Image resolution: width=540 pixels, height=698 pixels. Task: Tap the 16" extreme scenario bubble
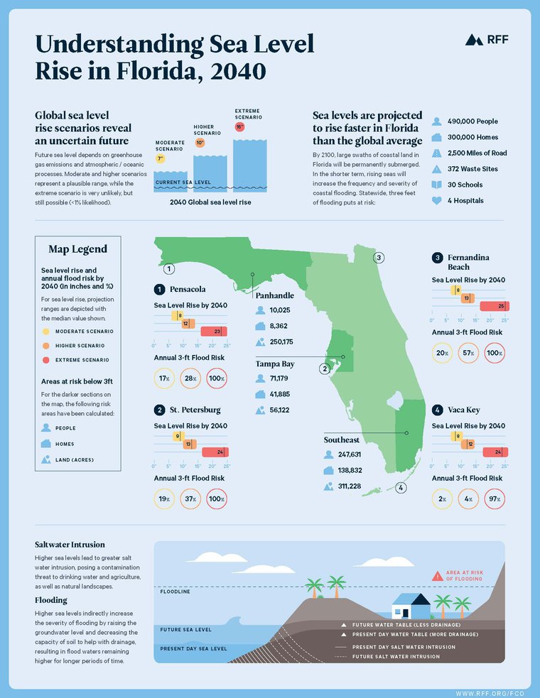coord(239,127)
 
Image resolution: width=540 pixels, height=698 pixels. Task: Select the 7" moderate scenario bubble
coord(161,159)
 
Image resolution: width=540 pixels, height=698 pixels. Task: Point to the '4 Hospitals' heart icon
coord(437,200)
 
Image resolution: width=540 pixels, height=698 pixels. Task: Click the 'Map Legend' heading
coord(78,249)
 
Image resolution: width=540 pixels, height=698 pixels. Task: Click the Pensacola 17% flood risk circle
coord(164,379)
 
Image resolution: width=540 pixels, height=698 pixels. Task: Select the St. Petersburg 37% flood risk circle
coord(190,498)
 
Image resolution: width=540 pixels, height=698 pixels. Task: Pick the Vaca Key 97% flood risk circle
coord(495,498)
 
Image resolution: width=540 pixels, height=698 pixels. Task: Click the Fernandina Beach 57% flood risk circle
coord(468,352)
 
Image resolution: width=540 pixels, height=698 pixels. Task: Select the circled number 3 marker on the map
coord(379,257)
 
